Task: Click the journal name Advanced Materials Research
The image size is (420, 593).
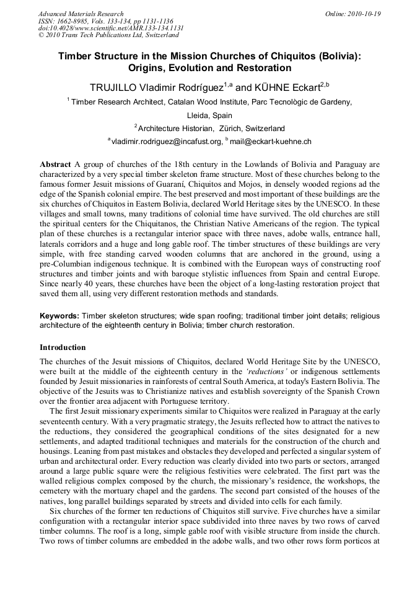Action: pos(81,14)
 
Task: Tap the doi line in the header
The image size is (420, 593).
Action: pos(111,28)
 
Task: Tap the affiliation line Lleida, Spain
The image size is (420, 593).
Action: pos(209,115)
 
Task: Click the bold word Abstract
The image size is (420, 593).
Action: pos(56,165)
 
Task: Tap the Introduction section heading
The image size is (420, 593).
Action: pos(63,347)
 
